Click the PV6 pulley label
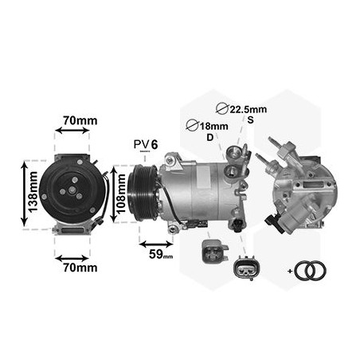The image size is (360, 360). pos(144,143)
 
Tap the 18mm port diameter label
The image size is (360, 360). pos(208,125)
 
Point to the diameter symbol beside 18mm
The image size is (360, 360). pos(190,125)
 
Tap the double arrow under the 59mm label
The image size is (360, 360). pos(156,241)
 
